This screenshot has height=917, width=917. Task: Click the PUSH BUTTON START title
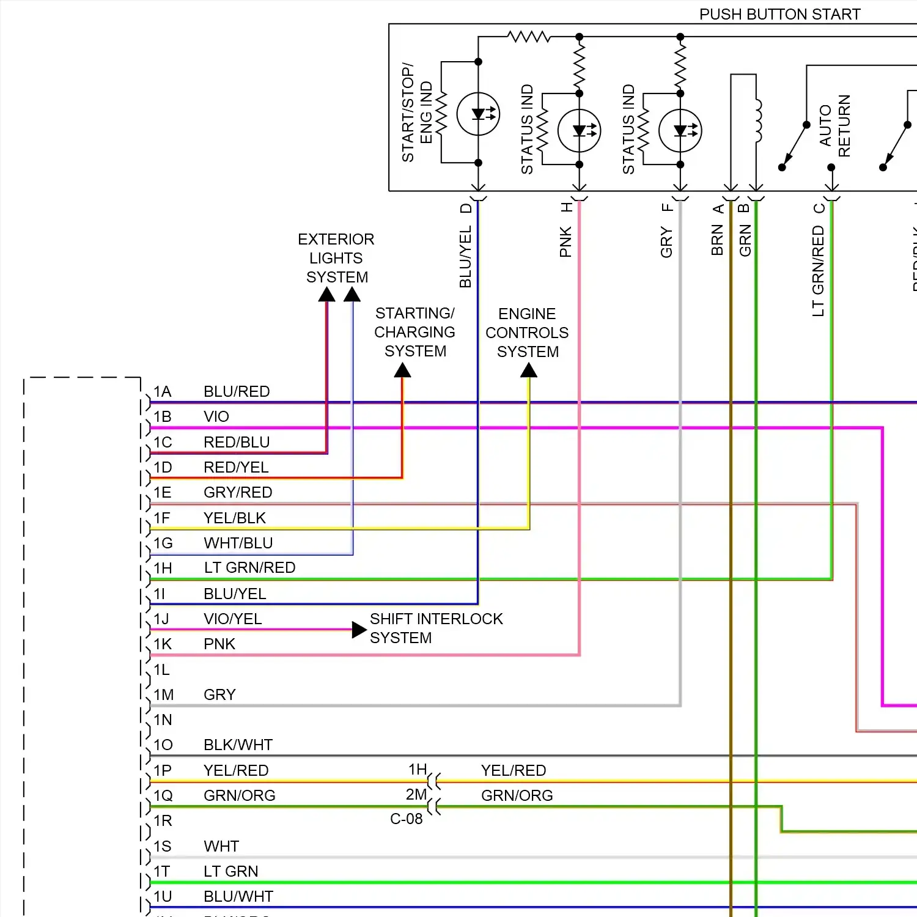(779, 14)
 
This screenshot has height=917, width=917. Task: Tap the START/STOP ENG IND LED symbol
(478, 114)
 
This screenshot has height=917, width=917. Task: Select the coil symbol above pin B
(759, 120)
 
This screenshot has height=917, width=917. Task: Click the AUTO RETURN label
(834, 125)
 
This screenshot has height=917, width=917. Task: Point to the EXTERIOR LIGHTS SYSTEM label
(336, 258)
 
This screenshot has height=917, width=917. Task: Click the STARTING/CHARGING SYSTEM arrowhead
(402, 370)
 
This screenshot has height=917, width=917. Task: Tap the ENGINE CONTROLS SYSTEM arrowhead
(529, 370)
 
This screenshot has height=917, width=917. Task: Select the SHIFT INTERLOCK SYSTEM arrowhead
(359, 630)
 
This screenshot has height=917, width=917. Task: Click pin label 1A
(162, 392)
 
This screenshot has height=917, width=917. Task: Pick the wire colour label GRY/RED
(238, 493)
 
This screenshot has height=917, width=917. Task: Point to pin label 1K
(163, 644)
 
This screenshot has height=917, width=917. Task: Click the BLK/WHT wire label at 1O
(238, 745)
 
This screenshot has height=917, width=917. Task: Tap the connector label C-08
(407, 819)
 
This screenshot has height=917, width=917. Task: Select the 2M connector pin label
(416, 795)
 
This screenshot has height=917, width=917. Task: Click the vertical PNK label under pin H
(565, 241)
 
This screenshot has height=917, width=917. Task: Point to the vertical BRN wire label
(717, 240)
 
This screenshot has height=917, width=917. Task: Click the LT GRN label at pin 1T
(230, 872)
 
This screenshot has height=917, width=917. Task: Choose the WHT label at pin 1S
(221, 847)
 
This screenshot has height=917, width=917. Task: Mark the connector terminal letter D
(466, 208)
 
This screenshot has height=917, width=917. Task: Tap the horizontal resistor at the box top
(529, 37)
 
